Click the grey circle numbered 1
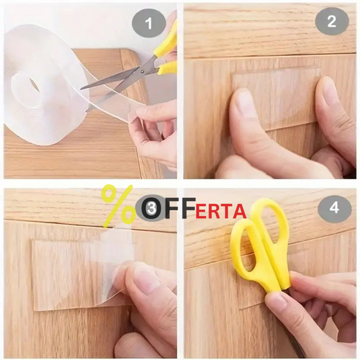pyautogui.click(x=149, y=24)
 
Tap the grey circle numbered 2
pyautogui.click(x=332, y=22)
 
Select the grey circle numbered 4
pyautogui.click(x=334, y=208)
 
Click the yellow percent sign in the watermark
pyautogui.click(x=118, y=206)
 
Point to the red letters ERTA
pyautogui.click(x=221, y=212)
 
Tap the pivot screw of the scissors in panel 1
pyautogui.click(x=143, y=71)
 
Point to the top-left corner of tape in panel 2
pyautogui.click(x=232, y=75)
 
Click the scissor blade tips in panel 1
pyautogui.click(x=81, y=89)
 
